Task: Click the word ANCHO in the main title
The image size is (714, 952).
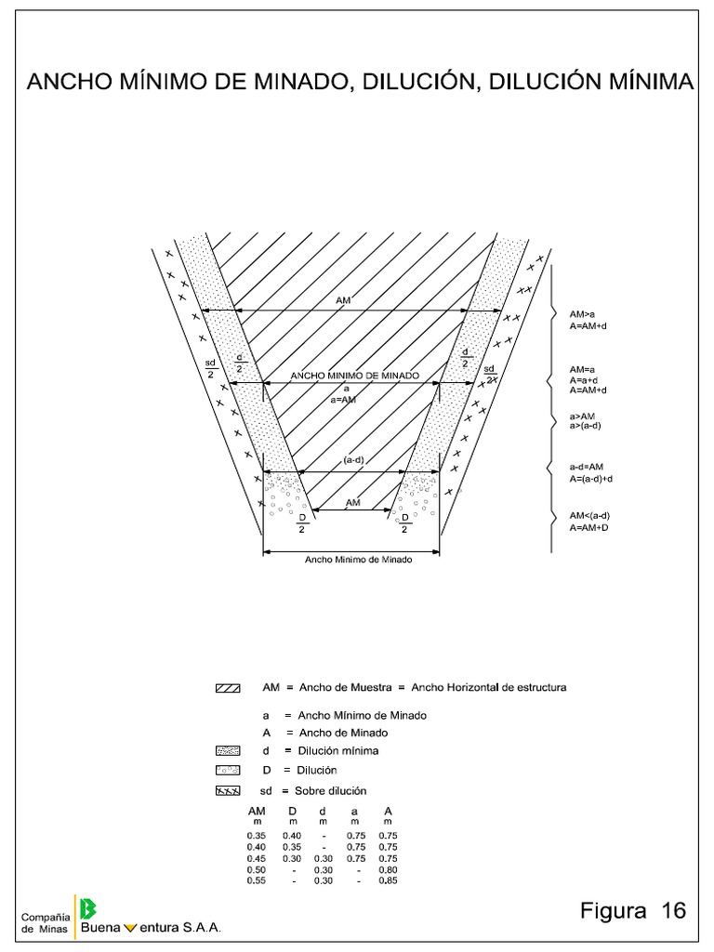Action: [71, 83]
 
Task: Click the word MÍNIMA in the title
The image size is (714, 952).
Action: [645, 83]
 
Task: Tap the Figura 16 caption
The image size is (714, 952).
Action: [632, 910]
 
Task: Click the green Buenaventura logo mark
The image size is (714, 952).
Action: [89, 908]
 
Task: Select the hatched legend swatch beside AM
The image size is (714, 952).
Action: [228, 689]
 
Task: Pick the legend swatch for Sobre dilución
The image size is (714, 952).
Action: [228, 791]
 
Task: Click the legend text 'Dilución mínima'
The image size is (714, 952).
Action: [337, 750]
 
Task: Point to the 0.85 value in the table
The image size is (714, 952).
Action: [388, 880]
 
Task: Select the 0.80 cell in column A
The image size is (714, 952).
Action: [388, 869]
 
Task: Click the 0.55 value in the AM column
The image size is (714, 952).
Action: [257, 880]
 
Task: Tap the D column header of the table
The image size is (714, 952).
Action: [292, 812]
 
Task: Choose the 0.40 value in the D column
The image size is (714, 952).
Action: [292, 836]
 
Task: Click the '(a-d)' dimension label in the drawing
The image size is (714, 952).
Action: [352, 460]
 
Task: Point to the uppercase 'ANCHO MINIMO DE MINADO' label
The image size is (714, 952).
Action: [354, 376]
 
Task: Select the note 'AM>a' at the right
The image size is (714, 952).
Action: [582, 314]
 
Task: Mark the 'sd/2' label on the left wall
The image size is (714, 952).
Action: [210, 368]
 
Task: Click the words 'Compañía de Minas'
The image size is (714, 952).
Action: [44, 920]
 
